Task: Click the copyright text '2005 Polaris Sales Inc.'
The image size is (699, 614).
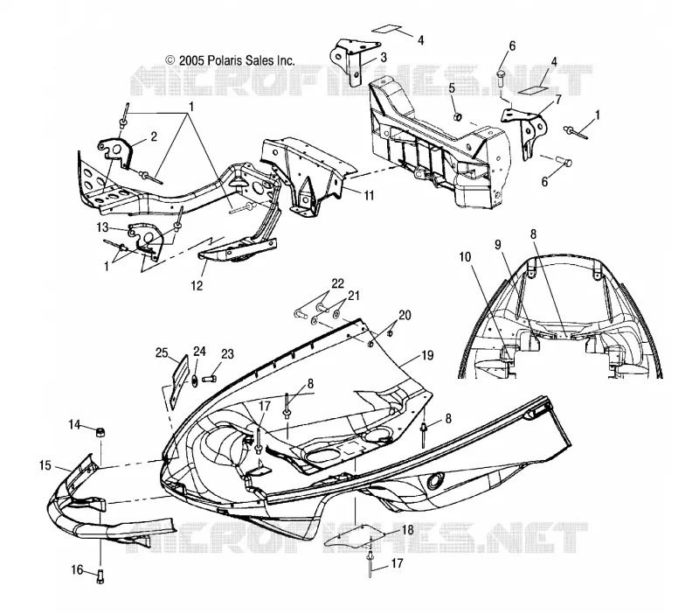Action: [x=237, y=60]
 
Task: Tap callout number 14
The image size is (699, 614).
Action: [x=74, y=424]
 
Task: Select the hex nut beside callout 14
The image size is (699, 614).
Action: [x=100, y=431]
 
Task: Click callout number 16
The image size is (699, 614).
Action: [x=77, y=569]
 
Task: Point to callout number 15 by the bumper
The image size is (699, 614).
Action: [x=45, y=465]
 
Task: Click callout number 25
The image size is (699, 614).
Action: [x=162, y=353]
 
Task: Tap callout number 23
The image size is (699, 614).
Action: [x=227, y=354]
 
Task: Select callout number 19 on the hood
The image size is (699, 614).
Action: [x=427, y=355]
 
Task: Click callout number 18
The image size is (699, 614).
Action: [x=407, y=530]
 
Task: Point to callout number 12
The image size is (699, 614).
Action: [x=197, y=286]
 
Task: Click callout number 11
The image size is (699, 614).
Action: [x=369, y=195]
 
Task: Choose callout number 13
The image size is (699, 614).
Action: [x=103, y=227]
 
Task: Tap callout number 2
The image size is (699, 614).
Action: [x=154, y=136]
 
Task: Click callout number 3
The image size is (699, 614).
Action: [x=384, y=58]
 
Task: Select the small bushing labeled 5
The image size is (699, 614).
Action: [x=457, y=117]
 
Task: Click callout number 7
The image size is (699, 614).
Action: [x=558, y=99]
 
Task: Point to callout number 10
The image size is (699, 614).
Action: [x=465, y=257]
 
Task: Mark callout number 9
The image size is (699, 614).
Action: [x=498, y=245]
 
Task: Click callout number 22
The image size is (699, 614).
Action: [x=338, y=283]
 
